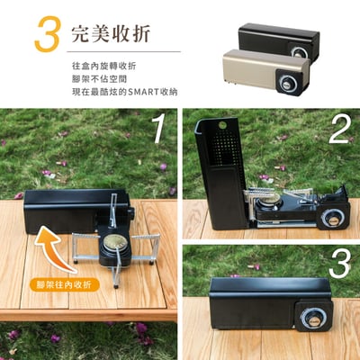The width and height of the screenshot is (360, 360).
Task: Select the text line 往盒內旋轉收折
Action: point(103,67)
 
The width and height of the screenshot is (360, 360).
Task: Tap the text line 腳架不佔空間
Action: point(98,80)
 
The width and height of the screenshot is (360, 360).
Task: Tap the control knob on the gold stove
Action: point(288,84)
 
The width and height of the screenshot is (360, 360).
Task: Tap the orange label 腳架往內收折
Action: point(64,284)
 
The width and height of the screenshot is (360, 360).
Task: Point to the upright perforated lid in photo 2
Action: point(221,171)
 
